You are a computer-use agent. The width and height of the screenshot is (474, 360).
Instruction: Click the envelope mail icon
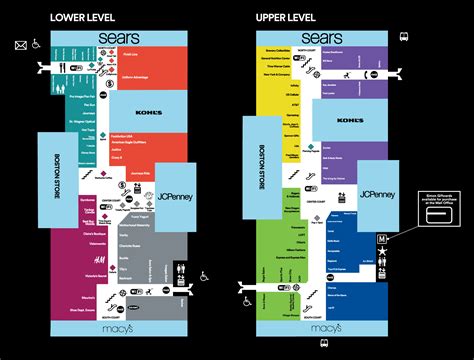click(20, 44)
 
